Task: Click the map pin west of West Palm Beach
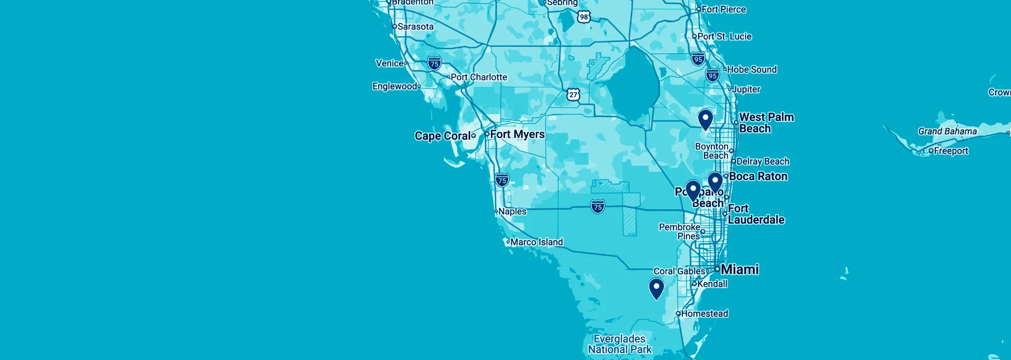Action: click(706, 119)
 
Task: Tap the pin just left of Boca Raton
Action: click(715, 182)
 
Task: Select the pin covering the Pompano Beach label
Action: click(693, 190)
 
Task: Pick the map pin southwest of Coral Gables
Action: click(657, 288)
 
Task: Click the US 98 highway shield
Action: click(583, 17)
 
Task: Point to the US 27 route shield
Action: click(573, 95)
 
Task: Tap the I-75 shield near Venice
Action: click(434, 64)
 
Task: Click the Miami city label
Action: click(739, 269)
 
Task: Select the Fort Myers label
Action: click(517, 134)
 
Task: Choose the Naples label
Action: click(512, 211)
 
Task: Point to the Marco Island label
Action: click(536, 242)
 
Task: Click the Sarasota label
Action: click(415, 26)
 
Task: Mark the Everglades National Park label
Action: click(620, 344)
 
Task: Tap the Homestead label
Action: click(704, 314)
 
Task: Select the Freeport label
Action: click(950, 151)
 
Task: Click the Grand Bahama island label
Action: click(947, 131)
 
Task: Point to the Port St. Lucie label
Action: click(724, 36)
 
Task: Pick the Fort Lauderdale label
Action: click(756, 214)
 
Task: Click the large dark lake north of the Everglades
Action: click(634, 84)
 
